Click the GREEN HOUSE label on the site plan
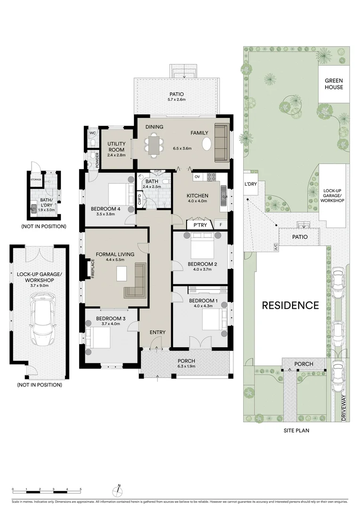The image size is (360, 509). (334, 84)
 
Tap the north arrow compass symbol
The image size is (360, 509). (120, 488)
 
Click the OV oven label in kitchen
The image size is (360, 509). (197, 176)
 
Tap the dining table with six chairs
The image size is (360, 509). (154, 144)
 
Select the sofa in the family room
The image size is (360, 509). (221, 142)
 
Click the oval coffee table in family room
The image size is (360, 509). (206, 144)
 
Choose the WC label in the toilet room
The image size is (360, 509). (92, 133)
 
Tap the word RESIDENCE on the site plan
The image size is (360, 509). (290, 305)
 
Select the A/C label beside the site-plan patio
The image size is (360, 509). (276, 246)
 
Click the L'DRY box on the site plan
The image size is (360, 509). (250, 184)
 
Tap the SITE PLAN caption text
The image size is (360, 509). (296, 430)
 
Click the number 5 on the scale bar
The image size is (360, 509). (81, 489)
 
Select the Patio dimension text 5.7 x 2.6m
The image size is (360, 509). (176, 99)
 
